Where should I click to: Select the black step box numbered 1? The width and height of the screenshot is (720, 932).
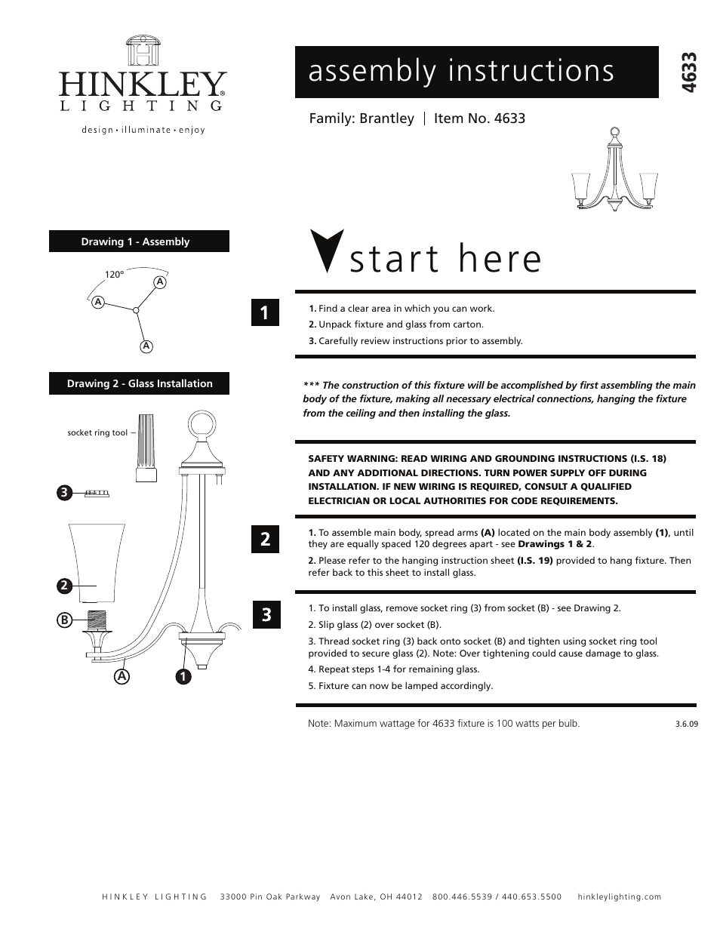tap(265, 312)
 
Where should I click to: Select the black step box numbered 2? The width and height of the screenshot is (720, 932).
tap(265, 539)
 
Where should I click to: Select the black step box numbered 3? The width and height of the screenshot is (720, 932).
tap(265, 614)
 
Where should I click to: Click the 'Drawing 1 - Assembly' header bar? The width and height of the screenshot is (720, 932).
tap(139, 241)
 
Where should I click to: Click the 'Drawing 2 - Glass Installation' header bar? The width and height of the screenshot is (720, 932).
tap(139, 383)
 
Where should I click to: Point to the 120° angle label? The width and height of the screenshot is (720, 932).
tap(114, 275)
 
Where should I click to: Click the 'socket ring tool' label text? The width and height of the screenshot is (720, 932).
tap(97, 433)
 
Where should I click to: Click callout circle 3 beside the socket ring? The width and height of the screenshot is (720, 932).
tap(64, 493)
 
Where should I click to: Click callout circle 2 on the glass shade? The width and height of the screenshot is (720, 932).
tap(64, 585)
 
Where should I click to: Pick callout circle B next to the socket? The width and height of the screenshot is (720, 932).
tap(64, 620)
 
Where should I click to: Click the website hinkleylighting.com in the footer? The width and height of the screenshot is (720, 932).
tap(619, 897)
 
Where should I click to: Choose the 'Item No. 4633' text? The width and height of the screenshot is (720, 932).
tap(479, 118)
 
